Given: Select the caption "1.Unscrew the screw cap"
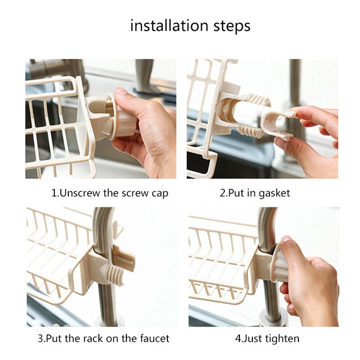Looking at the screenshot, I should (x=110, y=193).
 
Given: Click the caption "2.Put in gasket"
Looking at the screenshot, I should (x=255, y=193).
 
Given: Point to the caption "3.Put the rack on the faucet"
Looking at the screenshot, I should (x=103, y=338).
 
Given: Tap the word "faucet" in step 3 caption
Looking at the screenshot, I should (x=154, y=338).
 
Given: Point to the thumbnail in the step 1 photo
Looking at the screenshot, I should (x=121, y=92).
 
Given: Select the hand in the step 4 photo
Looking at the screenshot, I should (x=310, y=279).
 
